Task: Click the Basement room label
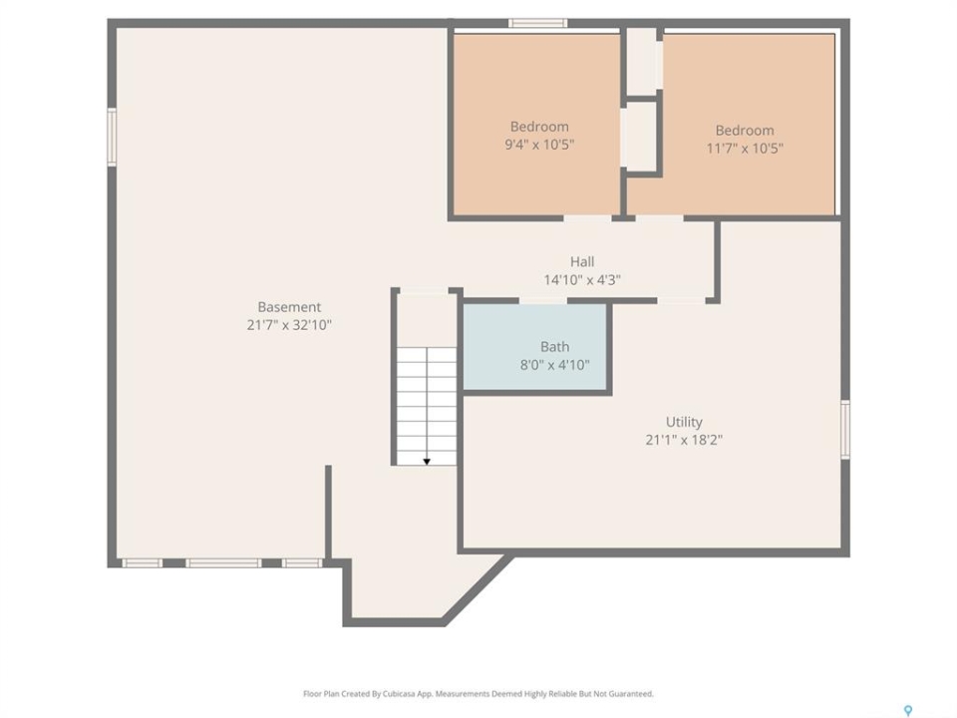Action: click(289, 307)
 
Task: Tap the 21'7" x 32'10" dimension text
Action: click(289, 325)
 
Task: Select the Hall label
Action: click(582, 262)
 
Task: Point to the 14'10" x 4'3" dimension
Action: click(582, 279)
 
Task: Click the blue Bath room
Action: click(535, 346)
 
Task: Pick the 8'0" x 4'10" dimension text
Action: click(555, 365)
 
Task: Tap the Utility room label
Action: click(684, 422)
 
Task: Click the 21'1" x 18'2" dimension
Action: click(684, 440)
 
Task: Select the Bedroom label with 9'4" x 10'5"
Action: click(539, 127)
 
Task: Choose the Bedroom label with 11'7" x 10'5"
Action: click(745, 130)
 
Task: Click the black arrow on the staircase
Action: click(427, 462)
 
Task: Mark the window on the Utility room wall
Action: click(845, 429)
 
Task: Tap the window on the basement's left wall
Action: click(112, 137)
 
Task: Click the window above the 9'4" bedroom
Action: click(537, 23)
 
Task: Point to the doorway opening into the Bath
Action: click(543, 300)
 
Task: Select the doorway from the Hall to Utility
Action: click(681, 300)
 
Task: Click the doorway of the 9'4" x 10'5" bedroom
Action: click(587, 218)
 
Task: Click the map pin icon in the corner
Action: click(908, 710)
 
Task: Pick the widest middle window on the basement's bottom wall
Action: click(223, 562)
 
